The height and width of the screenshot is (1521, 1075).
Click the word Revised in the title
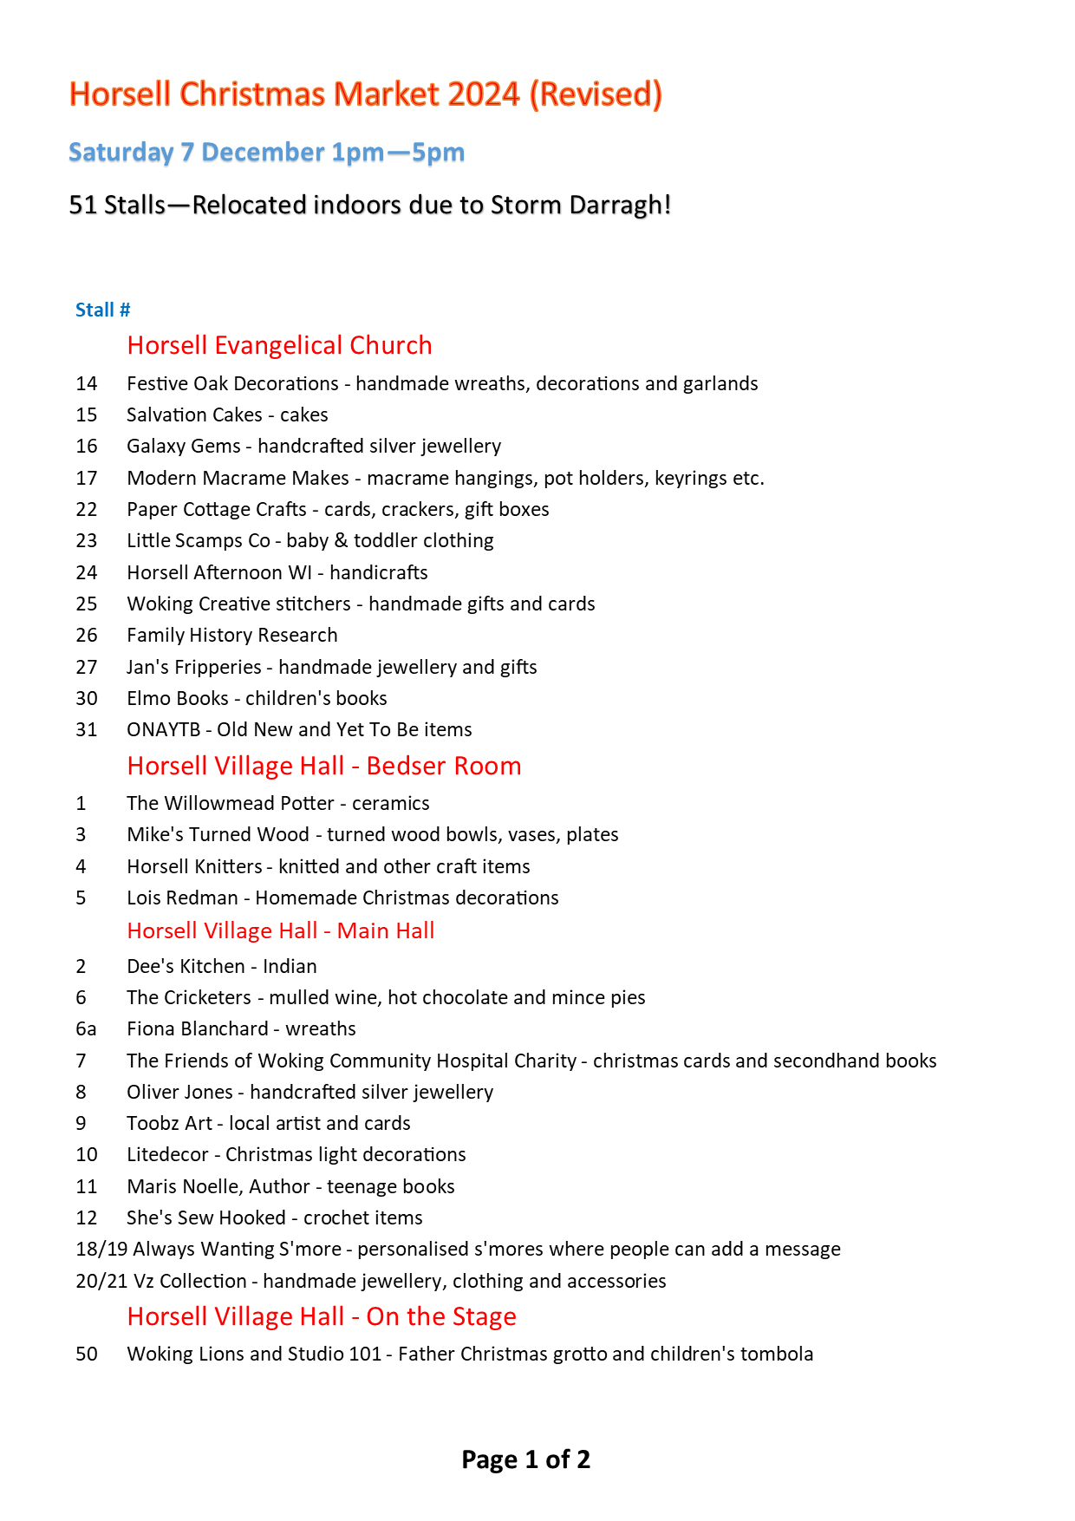[x=596, y=95]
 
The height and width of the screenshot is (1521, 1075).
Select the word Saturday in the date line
[x=121, y=153]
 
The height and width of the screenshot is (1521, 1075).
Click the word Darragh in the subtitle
[x=620, y=206]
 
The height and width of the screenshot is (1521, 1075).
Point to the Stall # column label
[x=102, y=310]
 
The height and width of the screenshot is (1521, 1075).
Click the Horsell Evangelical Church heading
[x=279, y=345]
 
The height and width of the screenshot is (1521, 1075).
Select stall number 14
[x=87, y=384]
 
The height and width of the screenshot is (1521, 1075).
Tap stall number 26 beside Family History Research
[x=87, y=636]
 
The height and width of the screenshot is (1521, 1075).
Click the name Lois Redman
[x=182, y=898]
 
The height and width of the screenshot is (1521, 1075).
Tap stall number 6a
[x=86, y=1029]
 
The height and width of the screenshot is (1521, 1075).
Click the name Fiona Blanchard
[x=198, y=1029]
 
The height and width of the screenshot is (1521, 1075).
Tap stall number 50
[x=87, y=1355]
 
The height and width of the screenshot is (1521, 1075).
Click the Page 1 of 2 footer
[x=525, y=1459]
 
